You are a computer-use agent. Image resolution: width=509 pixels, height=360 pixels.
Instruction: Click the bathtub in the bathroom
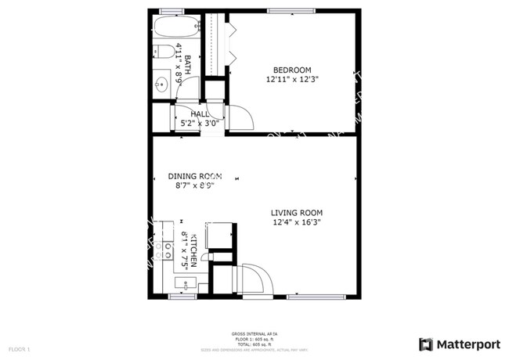tap(174, 27)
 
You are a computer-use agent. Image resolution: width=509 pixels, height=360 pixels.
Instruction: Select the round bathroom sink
tap(161, 85)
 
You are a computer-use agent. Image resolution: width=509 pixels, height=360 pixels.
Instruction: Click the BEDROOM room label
tap(292, 69)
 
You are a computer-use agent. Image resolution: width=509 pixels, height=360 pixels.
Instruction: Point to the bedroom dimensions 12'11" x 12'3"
tap(292, 79)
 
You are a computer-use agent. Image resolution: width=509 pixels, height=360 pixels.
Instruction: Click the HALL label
tap(200, 113)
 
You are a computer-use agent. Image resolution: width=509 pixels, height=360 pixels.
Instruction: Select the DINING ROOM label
tap(195, 176)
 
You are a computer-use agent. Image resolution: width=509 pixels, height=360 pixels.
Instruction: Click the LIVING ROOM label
tap(297, 213)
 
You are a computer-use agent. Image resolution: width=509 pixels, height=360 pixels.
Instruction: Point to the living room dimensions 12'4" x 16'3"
tap(297, 222)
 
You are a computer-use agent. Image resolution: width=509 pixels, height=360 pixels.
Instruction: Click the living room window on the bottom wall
tap(312, 297)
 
